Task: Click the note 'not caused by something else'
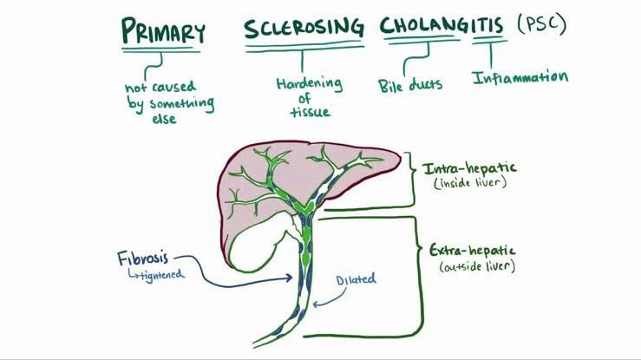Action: (167, 103)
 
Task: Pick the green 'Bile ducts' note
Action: (410, 85)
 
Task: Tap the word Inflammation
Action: (520, 78)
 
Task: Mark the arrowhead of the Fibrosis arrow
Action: (289, 278)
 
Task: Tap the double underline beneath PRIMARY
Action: (162, 50)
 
